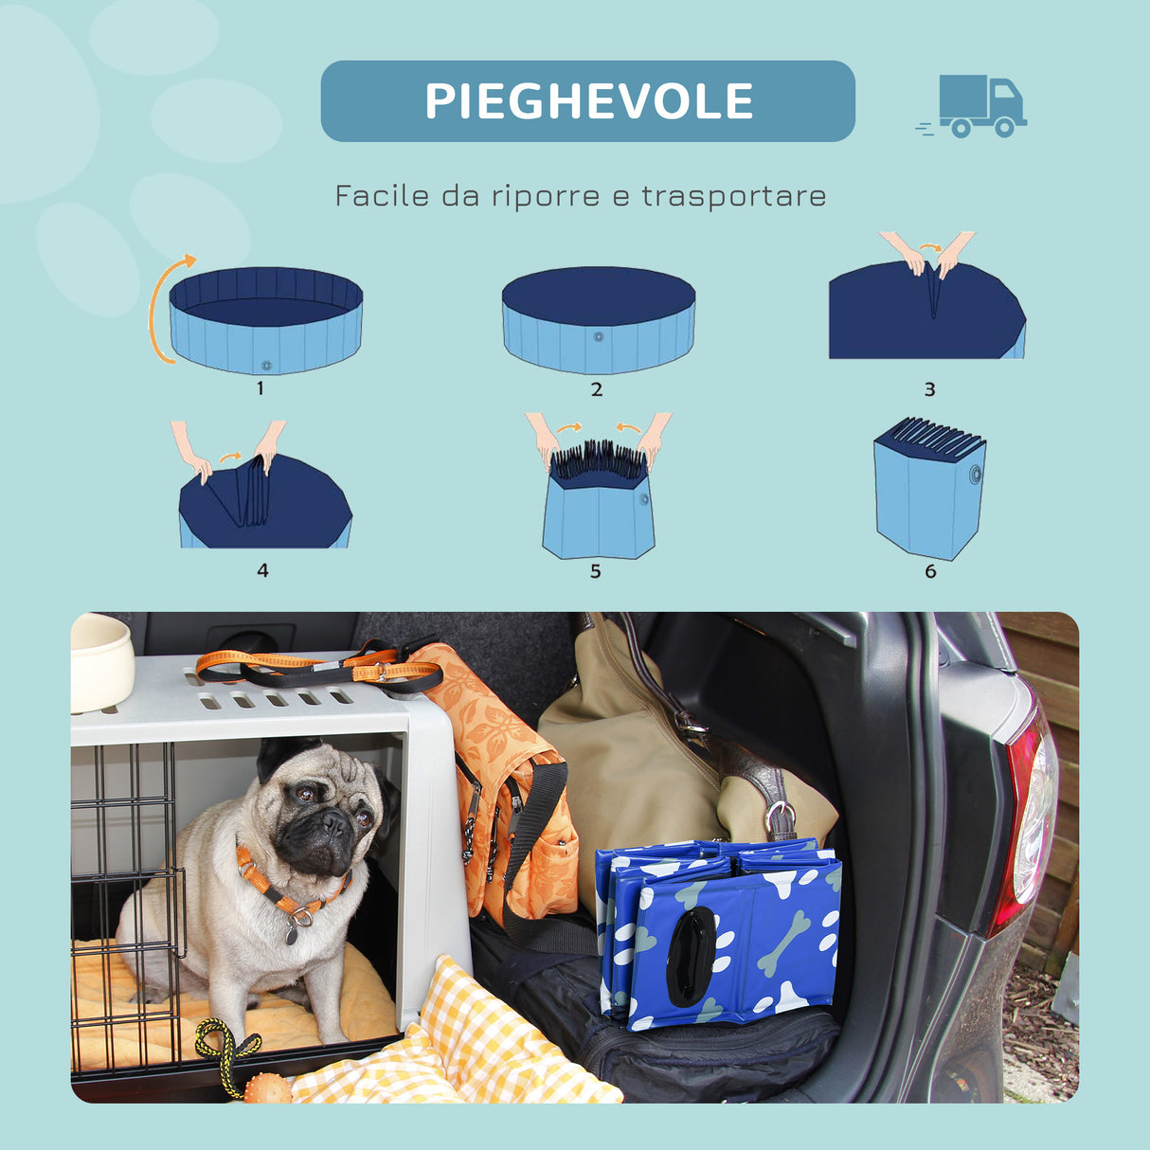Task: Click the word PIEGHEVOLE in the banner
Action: click(588, 101)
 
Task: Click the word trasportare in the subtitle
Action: click(734, 196)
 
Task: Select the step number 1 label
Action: click(261, 387)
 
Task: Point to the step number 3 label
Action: click(929, 389)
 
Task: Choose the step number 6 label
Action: click(930, 570)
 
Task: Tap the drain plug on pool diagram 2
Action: click(598, 336)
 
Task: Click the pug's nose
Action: click(332, 821)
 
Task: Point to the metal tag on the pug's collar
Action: click(292, 933)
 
